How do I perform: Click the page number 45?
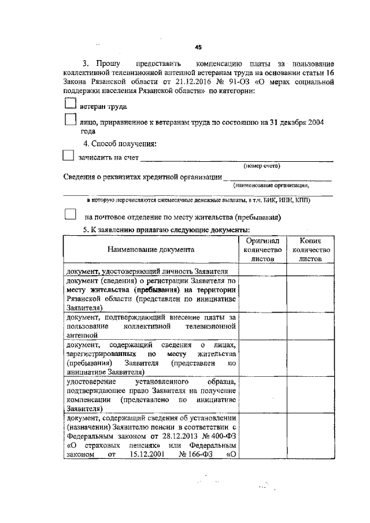(198, 48)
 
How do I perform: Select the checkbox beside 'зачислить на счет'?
(68, 155)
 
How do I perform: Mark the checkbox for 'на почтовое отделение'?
(70, 214)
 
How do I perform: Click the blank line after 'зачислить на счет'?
(237, 158)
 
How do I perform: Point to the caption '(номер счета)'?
(261, 166)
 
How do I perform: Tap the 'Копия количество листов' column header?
(310, 250)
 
